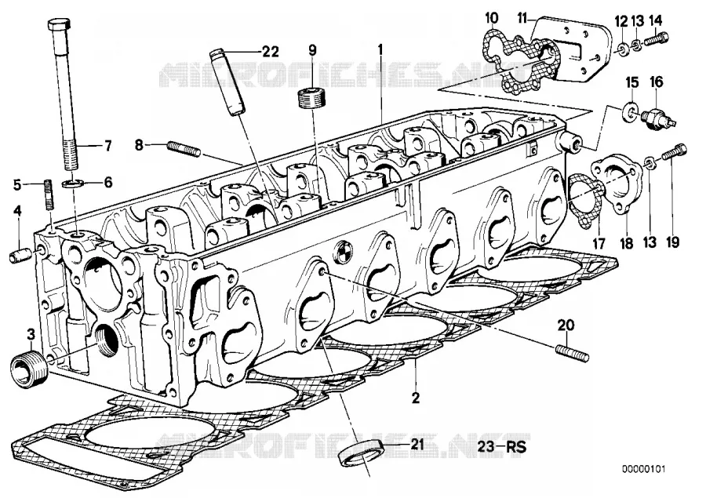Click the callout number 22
pyautogui.click(x=270, y=52)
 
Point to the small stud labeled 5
pyautogui.click(x=49, y=194)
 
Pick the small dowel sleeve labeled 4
pyautogui.click(x=20, y=256)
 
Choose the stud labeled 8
pyautogui.click(x=184, y=148)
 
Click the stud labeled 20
pyautogui.click(x=573, y=352)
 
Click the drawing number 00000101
pyautogui.click(x=642, y=469)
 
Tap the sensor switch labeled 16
pyautogui.click(x=659, y=116)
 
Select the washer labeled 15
pyautogui.click(x=631, y=111)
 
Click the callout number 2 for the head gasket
pyautogui.click(x=415, y=398)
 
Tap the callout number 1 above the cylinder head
pyautogui.click(x=380, y=49)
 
